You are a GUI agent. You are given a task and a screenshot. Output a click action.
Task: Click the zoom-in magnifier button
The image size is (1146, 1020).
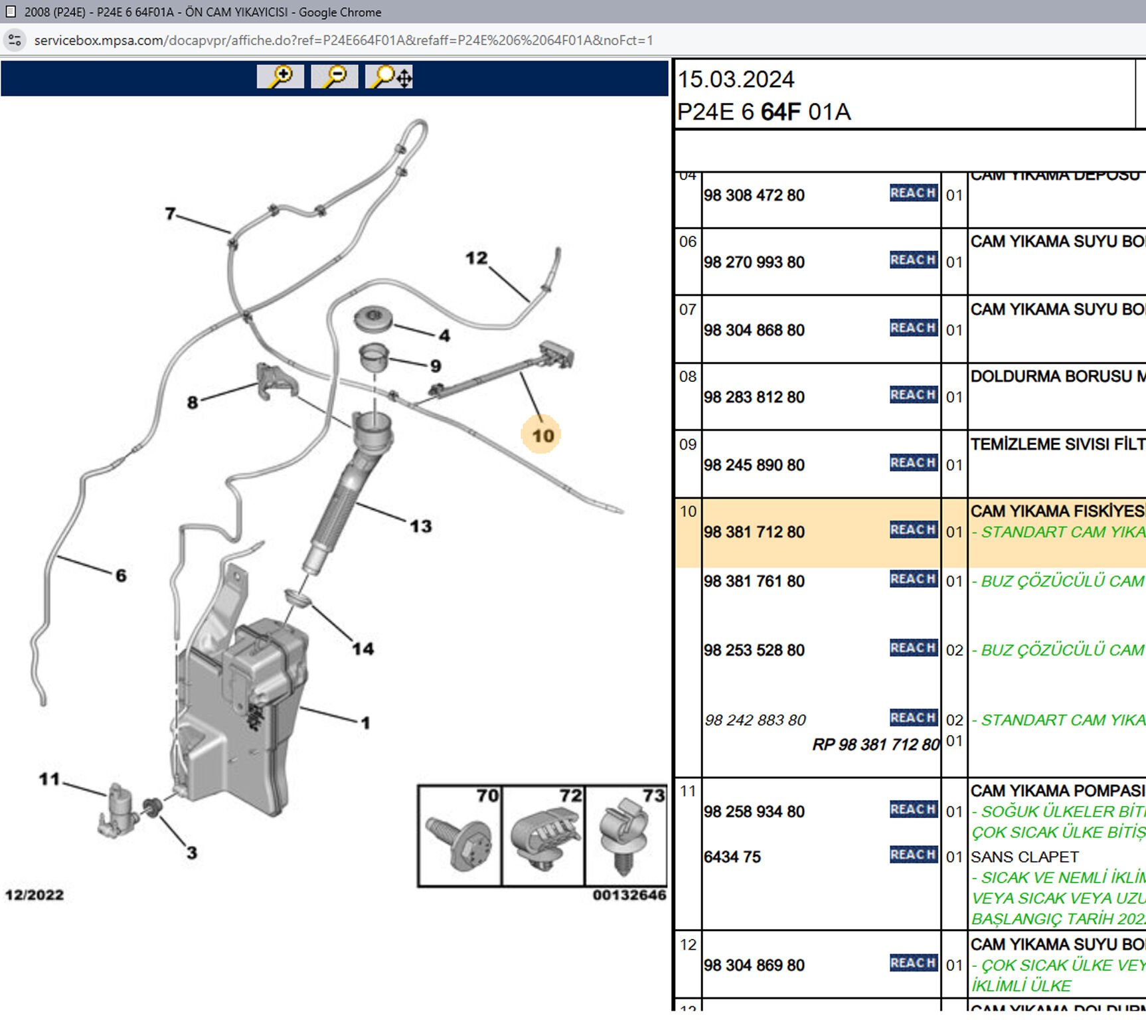click(x=280, y=76)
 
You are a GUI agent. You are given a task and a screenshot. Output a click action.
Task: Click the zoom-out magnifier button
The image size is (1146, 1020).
click(x=335, y=76)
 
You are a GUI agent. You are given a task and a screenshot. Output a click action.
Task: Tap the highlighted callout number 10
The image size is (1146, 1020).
click(x=542, y=436)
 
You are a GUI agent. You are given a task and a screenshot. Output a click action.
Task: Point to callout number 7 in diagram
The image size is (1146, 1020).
click(x=171, y=213)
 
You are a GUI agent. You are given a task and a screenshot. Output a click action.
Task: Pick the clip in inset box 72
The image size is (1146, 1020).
click(x=541, y=838)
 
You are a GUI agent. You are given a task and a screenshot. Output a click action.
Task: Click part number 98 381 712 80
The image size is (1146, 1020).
click(x=754, y=532)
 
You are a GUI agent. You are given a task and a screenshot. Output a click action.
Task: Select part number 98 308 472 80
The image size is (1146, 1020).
click(x=754, y=195)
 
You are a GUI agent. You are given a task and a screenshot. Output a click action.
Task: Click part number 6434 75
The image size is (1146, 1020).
click(x=732, y=857)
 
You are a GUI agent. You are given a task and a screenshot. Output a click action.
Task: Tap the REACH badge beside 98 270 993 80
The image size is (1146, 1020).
click(x=913, y=260)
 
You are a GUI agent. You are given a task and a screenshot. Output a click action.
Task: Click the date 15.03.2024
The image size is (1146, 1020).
click(x=736, y=80)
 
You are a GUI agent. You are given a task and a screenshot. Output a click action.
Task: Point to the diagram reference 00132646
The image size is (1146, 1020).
click(x=629, y=895)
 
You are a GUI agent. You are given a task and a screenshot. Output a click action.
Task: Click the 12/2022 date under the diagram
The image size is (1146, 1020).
click(x=35, y=895)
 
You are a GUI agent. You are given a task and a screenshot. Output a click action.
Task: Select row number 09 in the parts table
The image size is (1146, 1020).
click(x=688, y=444)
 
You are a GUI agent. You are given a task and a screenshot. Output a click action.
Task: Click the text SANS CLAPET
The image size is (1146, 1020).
click(x=1024, y=857)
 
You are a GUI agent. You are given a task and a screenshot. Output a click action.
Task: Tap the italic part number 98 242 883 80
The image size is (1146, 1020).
click(x=755, y=720)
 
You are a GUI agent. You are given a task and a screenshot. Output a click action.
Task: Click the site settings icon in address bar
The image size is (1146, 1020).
click(x=15, y=40)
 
